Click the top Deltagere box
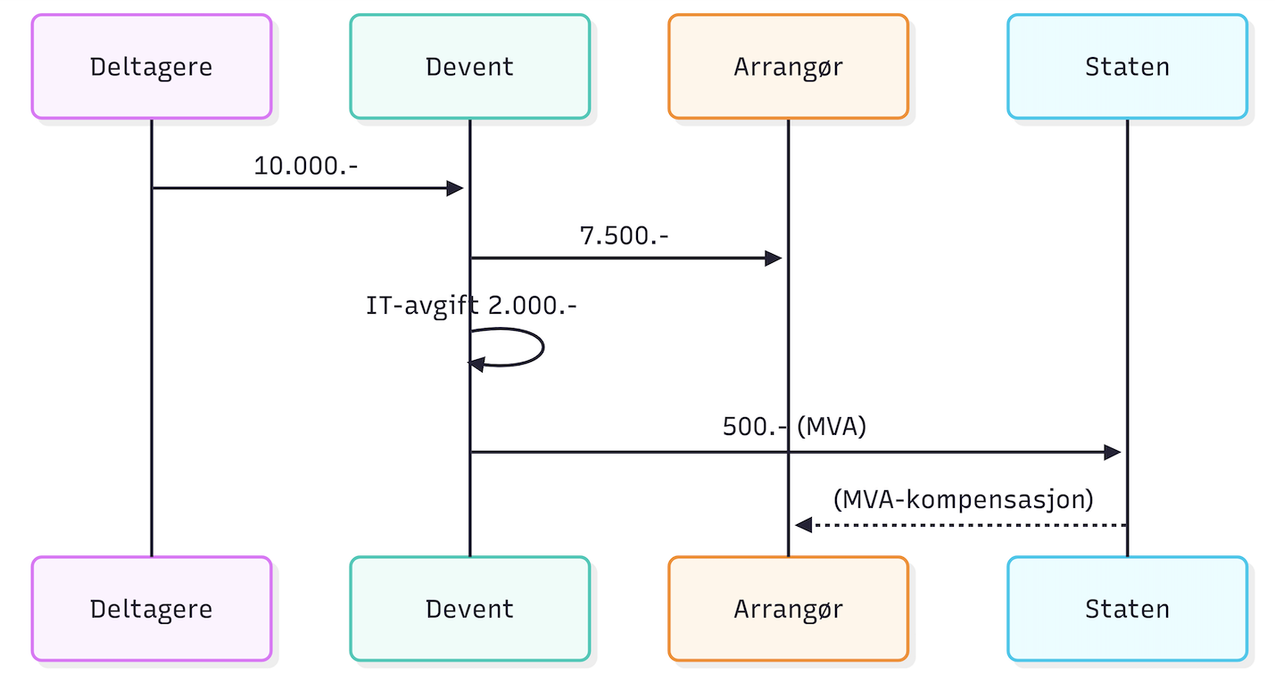pyautogui.click(x=151, y=67)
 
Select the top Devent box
pyautogui.click(x=469, y=67)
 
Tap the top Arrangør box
pyautogui.click(x=788, y=67)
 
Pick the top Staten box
pyautogui.click(x=1127, y=67)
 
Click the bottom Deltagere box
pyautogui.click(x=151, y=609)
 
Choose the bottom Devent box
pyautogui.click(x=469, y=609)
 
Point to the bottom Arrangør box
pyautogui.click(x=788, y=609)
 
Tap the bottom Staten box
pyautogui.click(x=1127, y=609)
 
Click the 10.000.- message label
pyautogui.click(x=306, y=166)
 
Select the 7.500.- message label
pyautogui.click(x=625, y=236)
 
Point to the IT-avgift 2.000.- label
pyautogui.click(x=471, y=306)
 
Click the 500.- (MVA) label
pyautogui.click(x=794, y=427)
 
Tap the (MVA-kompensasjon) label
pyautogui.click(x=963, y=499)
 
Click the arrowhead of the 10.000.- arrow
pyautogui.click(x=455, y=188)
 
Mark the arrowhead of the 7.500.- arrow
pyautogui.click(x=774, y=258)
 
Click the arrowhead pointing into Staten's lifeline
pyautogui.click(x=1113, y=452)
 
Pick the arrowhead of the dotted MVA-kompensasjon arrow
pyautogui.click(x=803, y=525)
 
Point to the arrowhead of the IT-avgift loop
pyautogui.click(x=476, y=364)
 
